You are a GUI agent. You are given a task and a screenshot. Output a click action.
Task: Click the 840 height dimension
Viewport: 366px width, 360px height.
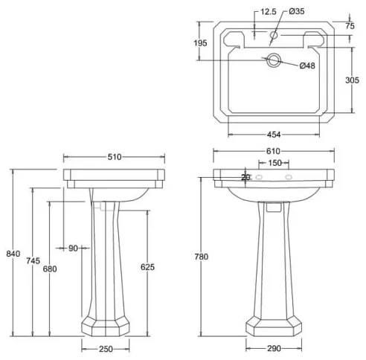[12, 254]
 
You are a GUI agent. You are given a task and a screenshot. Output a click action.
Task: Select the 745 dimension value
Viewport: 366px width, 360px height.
[32, 260]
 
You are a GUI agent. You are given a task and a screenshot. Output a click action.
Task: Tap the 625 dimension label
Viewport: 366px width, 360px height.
[148, 267]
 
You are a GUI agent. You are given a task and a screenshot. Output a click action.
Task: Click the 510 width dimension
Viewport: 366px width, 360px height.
[115, 157]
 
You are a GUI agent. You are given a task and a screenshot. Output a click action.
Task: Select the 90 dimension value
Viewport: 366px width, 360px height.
[73, 248]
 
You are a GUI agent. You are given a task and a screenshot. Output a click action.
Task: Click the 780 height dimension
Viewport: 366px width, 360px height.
[201, 257]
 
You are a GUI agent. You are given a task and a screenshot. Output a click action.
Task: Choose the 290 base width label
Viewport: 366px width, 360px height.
[274, 349]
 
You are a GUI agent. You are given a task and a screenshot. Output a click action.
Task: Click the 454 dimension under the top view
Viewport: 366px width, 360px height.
[274, 135]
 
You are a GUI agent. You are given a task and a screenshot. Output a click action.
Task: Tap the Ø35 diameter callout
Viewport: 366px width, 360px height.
[295, 11]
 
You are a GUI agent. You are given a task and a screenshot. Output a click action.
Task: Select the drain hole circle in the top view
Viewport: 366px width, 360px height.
[275, 60]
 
